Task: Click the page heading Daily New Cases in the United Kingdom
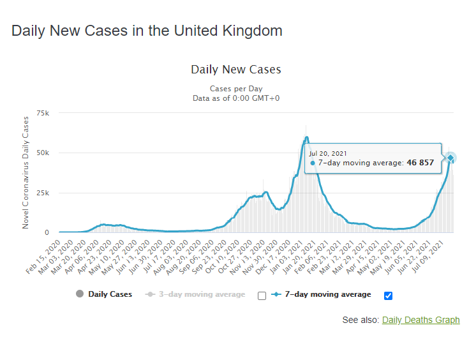pyautogui.click(x=147, y=31)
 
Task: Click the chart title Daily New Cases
pyautogui.click(x=235, y=70)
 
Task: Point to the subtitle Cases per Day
pyautogui.click(x=235, y=89)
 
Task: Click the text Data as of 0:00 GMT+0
pyautogui.click(x=235, y=98)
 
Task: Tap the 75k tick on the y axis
pyautogui.click(x=43, y=113)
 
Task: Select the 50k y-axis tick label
pyautogui.click(x=43, y=153)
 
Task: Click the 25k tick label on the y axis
pyautogui.click(x=43, y=193)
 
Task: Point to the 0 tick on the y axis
pyautogui.click(x=47, y=233)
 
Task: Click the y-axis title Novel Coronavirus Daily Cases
pyautogui.click(x=26, y=173)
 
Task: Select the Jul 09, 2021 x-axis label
pyautogui.click(x=429, y=253)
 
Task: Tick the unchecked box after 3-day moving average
pyautogui.click(x=262, y=296)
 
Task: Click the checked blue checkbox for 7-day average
pyautogui.click(x=389, y=295)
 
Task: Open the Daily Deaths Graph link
pyautogui.click(x=421, y=320)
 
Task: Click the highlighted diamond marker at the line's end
pyautogui.click(x=450, y=158)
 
